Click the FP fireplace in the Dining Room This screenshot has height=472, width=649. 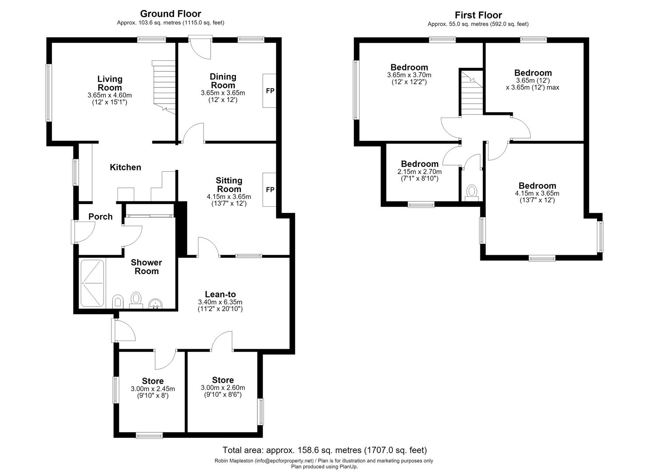(270, 91)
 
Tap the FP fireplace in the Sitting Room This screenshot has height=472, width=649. (270, 190)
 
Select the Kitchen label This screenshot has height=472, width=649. (125, 167)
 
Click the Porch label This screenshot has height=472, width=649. (101, 217)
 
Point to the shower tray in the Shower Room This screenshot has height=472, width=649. (92, 283)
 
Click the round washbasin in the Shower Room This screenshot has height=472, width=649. (156, 304)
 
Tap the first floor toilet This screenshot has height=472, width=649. (472, 193)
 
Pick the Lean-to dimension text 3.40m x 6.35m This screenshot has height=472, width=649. (220, 302)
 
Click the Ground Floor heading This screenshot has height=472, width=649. (170, 14)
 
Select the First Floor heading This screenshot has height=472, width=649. (479, 15)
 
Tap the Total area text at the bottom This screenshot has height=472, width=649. (324, 450)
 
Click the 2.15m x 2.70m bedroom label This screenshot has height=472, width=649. (420, 171)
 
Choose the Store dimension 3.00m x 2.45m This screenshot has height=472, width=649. (153, 389)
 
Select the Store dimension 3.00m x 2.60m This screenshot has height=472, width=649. (223, 388)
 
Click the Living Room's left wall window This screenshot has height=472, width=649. (49, 93)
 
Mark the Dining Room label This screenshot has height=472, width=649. (223, 81)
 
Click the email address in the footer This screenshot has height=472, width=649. (284, 461)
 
